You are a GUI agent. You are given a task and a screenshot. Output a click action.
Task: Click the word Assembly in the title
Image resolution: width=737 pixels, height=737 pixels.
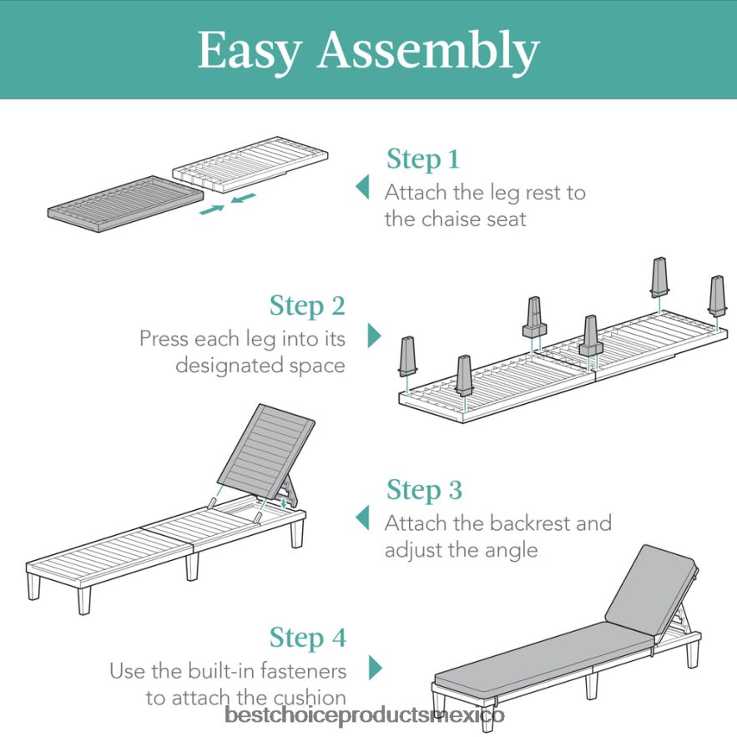tap(428, 49)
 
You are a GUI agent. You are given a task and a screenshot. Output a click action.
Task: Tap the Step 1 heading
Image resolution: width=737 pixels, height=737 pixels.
tap(422, 159)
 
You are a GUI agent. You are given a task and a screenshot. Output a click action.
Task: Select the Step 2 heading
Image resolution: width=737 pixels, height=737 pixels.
tap(307, 306)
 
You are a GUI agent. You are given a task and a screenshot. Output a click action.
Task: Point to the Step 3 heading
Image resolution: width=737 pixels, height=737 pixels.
tap(424, 490)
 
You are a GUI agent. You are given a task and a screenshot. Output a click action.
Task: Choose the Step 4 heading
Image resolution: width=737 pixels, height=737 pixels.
tap(308, 639)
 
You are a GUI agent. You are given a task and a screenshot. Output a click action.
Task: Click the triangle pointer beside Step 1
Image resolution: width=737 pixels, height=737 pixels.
tap(362, 187)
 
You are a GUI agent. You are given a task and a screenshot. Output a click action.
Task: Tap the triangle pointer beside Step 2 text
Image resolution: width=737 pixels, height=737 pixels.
tap(374, 336)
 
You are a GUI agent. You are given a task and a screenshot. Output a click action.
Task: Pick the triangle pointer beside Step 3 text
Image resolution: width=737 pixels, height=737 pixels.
tap(362, 518)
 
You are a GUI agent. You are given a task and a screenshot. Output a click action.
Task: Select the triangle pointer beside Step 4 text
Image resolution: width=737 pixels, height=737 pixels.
tap(375, 668)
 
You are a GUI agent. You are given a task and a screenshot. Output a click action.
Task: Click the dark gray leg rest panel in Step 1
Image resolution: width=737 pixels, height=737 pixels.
tap(125, 204)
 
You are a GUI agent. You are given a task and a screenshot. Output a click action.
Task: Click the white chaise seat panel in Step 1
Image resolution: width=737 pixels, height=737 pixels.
tap(250, 164)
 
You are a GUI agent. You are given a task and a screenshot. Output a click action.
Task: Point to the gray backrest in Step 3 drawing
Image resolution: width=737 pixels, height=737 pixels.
tap(265, 452)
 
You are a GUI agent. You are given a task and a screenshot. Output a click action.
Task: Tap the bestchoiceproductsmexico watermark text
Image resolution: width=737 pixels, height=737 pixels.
tap(365, 715)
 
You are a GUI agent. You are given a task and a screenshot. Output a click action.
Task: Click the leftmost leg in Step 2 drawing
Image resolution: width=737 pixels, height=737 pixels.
tap(407, 356)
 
